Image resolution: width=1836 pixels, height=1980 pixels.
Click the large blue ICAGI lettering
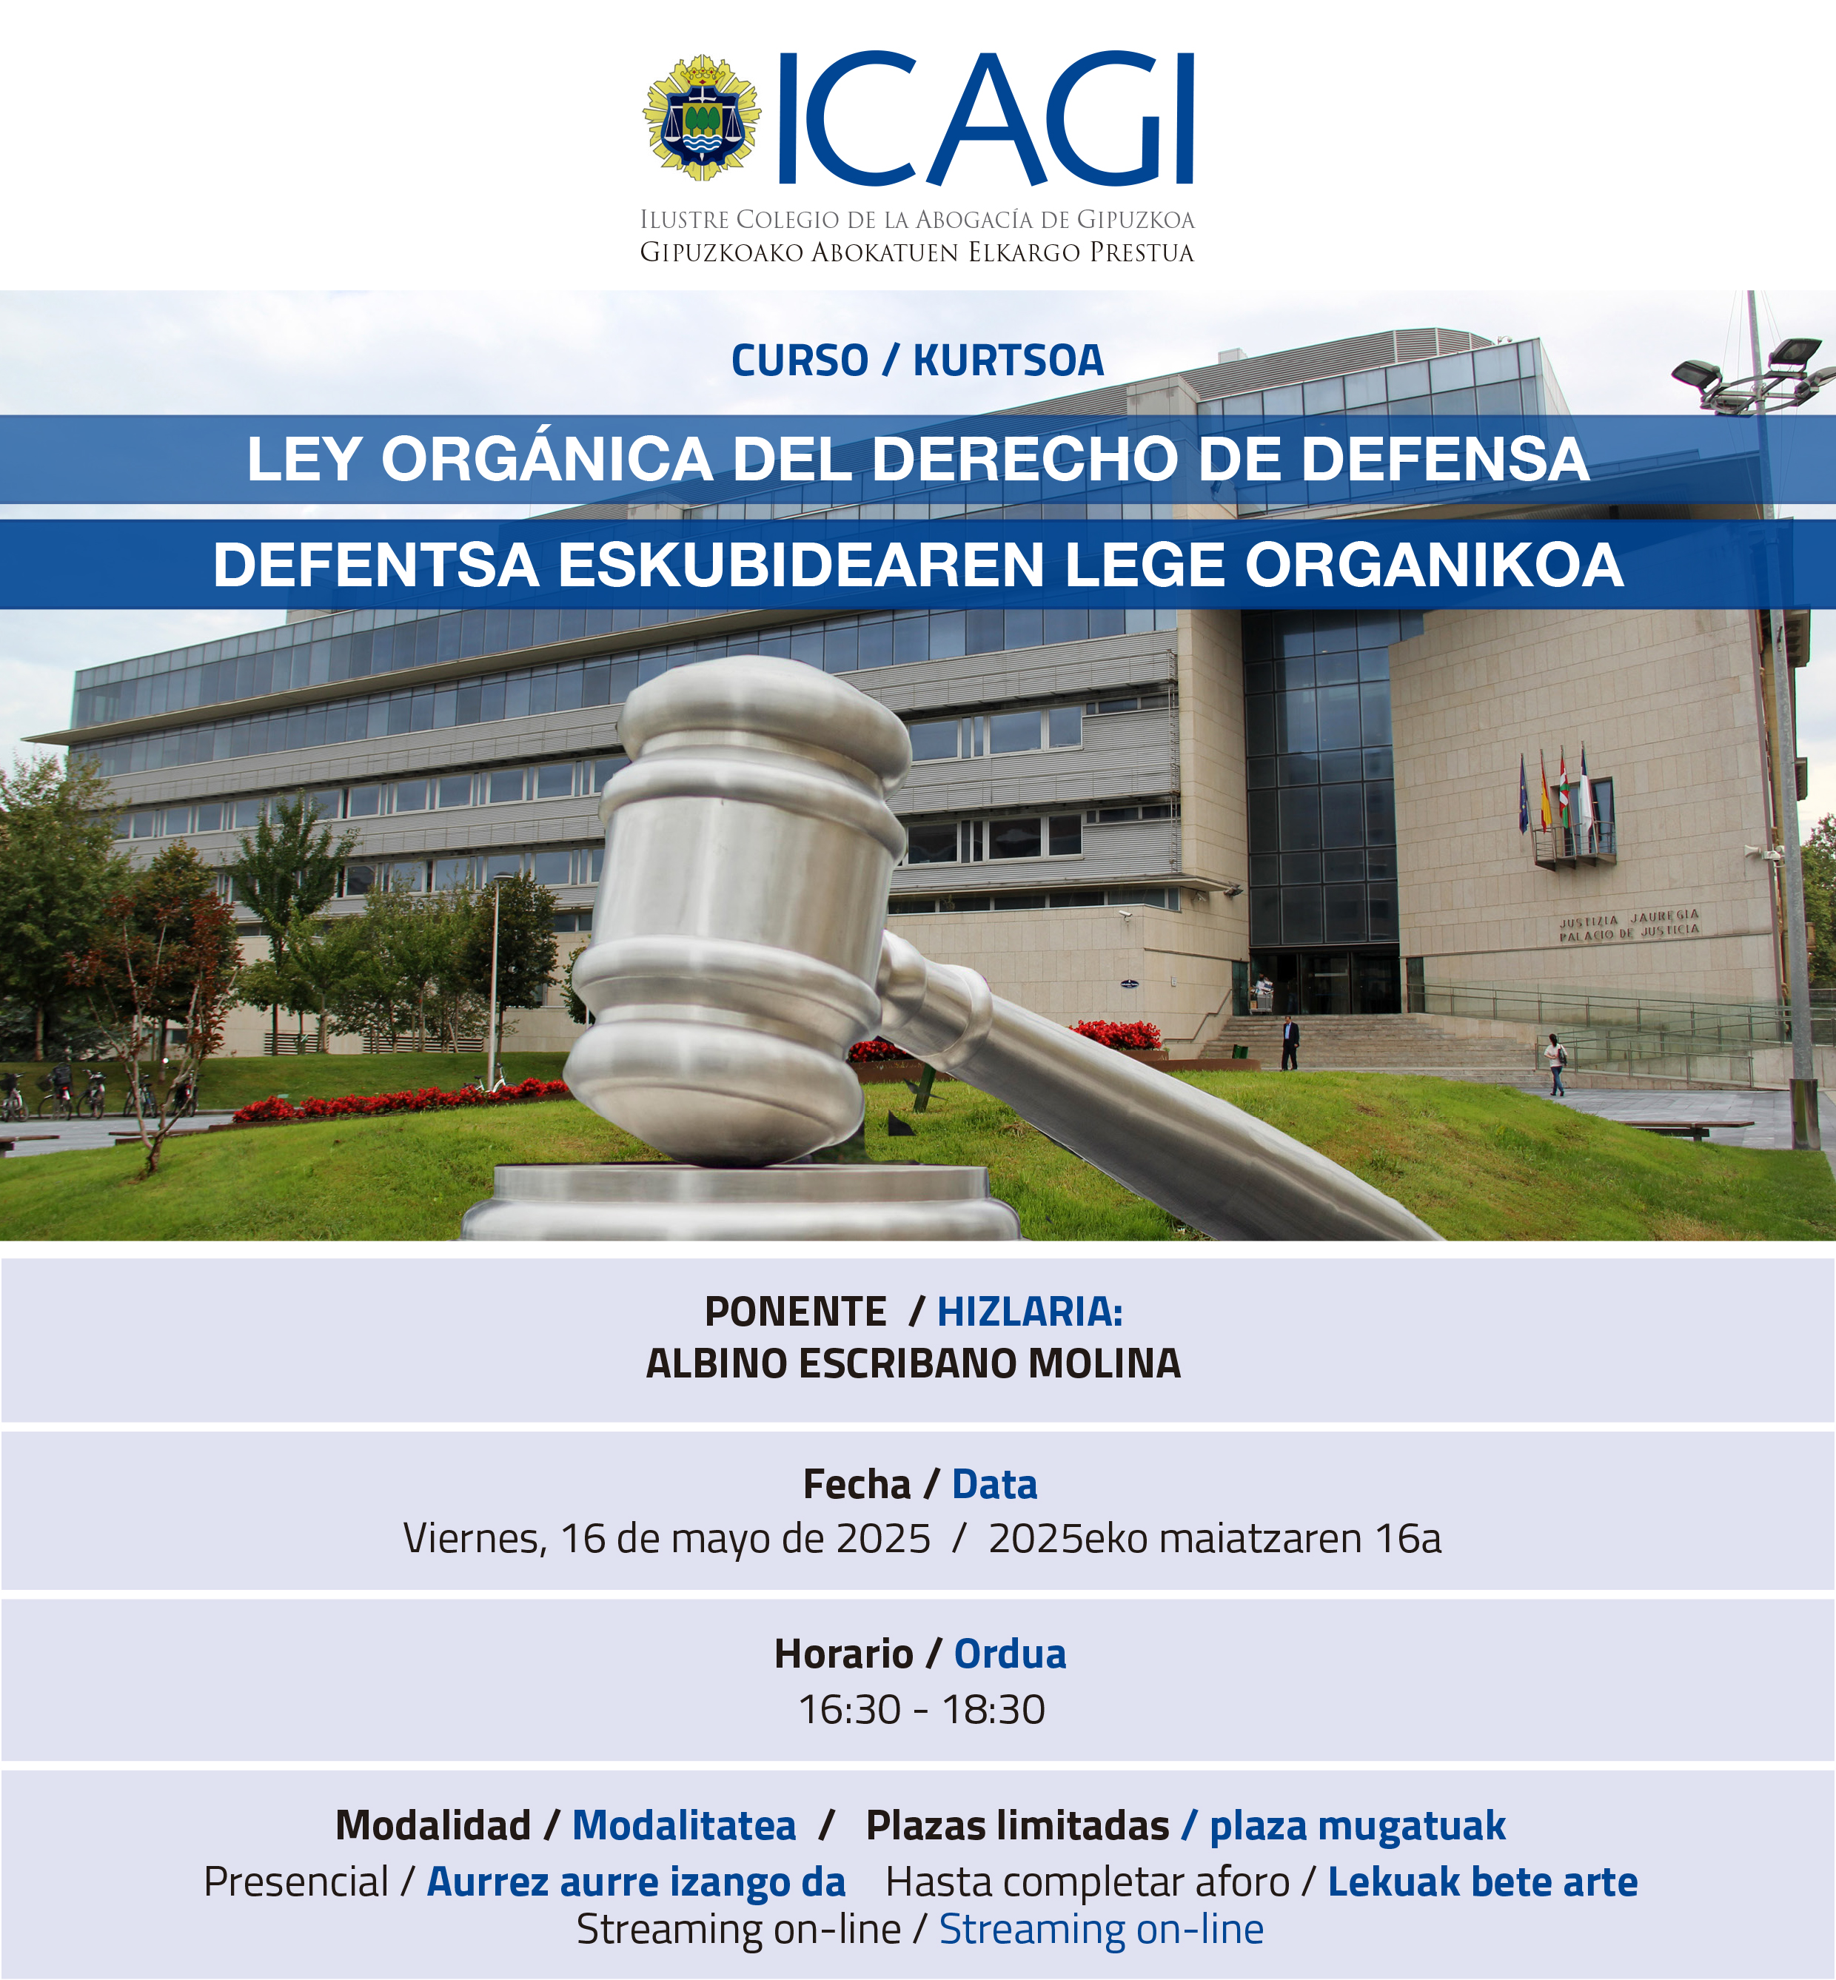[985, 118]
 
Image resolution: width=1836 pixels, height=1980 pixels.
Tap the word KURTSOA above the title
[1008, 360]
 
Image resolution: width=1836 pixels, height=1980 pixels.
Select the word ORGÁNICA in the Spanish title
[546, 459]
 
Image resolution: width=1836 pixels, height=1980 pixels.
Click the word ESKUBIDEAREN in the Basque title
[801, 566]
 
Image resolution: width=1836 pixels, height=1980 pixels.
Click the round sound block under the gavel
[740, 1203]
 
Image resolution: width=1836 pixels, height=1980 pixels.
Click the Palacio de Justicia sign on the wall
[1629, 924]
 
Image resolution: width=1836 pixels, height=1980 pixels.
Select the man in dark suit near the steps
[1290, 1043]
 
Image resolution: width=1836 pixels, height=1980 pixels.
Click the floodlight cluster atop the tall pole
[1754, 372]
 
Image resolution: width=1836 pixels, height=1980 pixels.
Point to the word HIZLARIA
[1031, 1312]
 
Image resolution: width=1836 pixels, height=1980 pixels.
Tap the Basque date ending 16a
[1214, 1539]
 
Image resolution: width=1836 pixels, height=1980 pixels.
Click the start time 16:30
[849, 1710]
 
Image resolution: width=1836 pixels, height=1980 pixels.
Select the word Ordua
[1011, 1654]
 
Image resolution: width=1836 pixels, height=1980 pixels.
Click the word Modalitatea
[685, 1826]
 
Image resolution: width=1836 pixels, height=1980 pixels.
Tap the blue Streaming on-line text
[1102, 1930]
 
